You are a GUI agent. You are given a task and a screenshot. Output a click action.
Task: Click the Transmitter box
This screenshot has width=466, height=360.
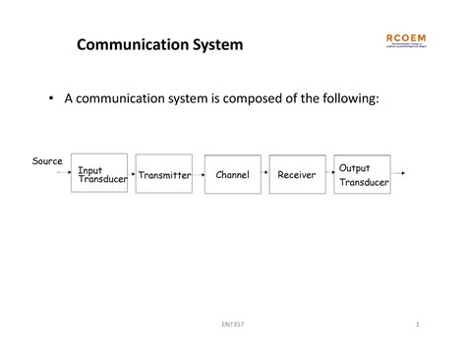coord(164,175)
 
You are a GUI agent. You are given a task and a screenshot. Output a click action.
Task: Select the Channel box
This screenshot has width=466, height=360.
coord(232,175)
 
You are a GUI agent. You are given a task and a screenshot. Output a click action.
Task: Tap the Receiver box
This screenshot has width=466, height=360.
coord(297,175)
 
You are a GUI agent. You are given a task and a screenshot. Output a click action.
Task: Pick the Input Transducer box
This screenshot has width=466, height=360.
coord(99,173)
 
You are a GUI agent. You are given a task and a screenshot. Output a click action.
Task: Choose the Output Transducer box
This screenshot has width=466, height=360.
coord(362,173)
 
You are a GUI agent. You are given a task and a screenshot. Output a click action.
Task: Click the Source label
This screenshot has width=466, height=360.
coord(47,161)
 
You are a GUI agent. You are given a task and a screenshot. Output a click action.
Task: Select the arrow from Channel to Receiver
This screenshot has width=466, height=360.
coord(264,175)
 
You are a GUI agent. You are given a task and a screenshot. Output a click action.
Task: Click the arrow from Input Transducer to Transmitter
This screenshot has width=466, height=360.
coord(131,175)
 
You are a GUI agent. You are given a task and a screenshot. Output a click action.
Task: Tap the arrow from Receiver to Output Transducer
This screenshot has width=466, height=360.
coord(329,175)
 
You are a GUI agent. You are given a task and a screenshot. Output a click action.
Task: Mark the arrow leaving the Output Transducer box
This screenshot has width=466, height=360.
coord(398,173)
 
